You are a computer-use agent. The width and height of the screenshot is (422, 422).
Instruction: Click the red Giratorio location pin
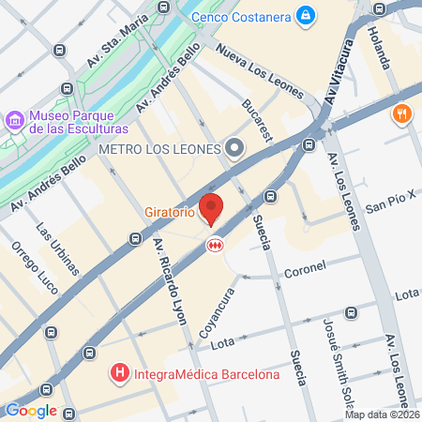213,208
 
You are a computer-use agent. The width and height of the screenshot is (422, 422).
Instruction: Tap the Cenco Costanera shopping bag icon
306,15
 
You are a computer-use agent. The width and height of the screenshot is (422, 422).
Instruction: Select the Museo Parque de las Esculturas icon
15,121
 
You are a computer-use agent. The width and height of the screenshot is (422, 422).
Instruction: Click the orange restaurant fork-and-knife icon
401,114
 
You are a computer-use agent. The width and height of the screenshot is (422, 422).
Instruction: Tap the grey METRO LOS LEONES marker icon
234,148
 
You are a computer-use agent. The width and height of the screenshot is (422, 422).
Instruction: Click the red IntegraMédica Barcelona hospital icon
119,375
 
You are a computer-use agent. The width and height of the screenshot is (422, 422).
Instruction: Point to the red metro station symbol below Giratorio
214,244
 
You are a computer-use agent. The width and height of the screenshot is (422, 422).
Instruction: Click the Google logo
31,410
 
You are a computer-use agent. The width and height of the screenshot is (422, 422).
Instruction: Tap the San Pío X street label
388,205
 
